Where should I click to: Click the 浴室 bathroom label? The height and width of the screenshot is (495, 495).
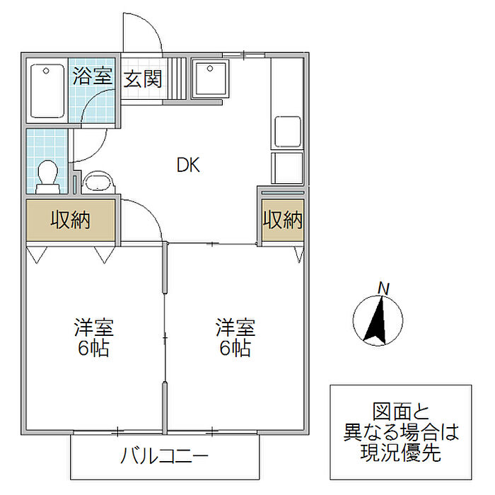point(93,76)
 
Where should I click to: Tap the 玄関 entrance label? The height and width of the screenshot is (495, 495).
point(143,78)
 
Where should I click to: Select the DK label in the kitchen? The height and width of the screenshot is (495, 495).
point(188,165)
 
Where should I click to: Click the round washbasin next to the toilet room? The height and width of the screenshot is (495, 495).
point(97,182)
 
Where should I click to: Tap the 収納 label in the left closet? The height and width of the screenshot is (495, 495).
point(70,220)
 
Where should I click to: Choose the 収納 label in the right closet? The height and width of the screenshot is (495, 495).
point(282,220)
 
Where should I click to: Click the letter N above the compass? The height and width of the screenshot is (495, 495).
point(383,289)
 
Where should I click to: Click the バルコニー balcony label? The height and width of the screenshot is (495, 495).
point(163,454)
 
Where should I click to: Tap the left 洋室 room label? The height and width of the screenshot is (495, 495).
point(93,328)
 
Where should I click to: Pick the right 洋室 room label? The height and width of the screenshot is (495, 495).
point(235,328)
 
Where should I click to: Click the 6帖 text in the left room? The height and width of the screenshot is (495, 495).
point(93,349)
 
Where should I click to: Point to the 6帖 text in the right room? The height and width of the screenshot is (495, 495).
point(235,349)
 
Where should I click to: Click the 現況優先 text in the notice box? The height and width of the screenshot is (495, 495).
point(401,453)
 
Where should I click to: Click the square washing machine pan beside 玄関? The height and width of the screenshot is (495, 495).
point(210,79)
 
